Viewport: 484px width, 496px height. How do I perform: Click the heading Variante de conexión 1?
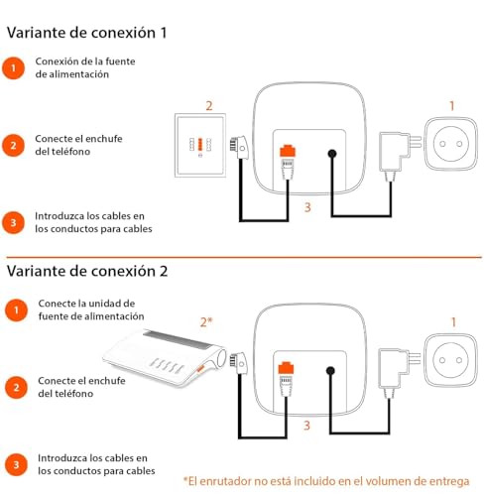87,32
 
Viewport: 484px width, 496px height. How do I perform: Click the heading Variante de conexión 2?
87,269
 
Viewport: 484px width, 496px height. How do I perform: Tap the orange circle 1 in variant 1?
13,68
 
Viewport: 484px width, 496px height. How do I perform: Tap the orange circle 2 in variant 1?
13,144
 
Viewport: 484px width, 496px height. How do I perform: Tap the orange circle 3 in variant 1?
13,222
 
